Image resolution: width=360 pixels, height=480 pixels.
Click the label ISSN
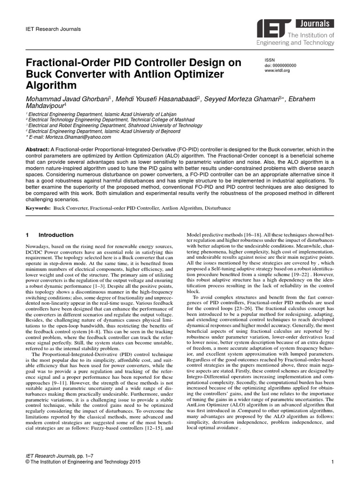270,60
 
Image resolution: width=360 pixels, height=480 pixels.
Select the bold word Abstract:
40,149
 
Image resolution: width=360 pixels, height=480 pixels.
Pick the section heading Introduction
56,235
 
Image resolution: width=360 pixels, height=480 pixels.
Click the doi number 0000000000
286,66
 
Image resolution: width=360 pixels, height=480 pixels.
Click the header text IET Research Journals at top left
53,29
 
